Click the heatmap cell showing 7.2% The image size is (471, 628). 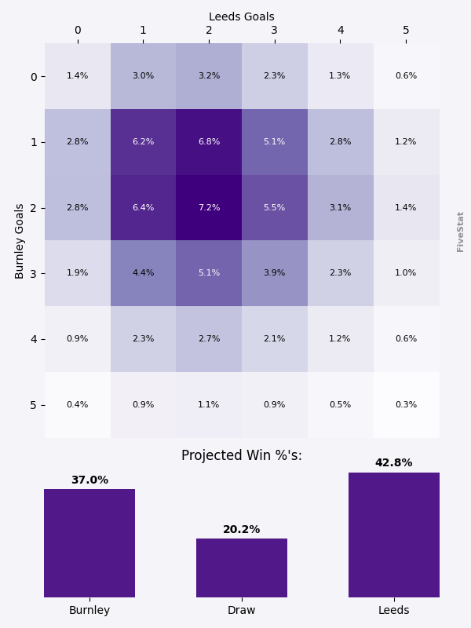click(x=209, y=207)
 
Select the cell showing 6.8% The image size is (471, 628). click(x=209, y=142)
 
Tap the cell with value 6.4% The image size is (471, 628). click(x=143, y=207)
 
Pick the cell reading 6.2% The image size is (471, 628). click(x=143, y=142)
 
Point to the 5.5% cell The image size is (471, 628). click(x=275, y=207)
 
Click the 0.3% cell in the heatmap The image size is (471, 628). click(x=406, y=405)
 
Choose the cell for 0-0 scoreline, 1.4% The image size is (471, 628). click(x=77, y=76)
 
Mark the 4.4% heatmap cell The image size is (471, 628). click(x=143, y=273)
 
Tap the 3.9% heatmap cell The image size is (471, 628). click(x=275, y=273)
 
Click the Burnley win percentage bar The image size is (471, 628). click(x=89, y=543)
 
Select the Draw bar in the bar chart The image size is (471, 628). click(x=242, y=568)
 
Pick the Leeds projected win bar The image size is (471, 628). click(x=394, y=535)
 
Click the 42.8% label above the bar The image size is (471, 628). click(x=394, y=463)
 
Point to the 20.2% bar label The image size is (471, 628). click(x=242, y=530)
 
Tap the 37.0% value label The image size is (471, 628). click(x=89, y=480)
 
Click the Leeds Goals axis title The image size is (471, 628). click(x=242, y=16)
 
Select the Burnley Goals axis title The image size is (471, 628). click(x=20, y=241)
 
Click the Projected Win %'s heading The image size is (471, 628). click(x=242, y=456)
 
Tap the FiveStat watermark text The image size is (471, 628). click(x=461, y=232)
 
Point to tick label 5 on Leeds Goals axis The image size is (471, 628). click(x=406, y=31)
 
